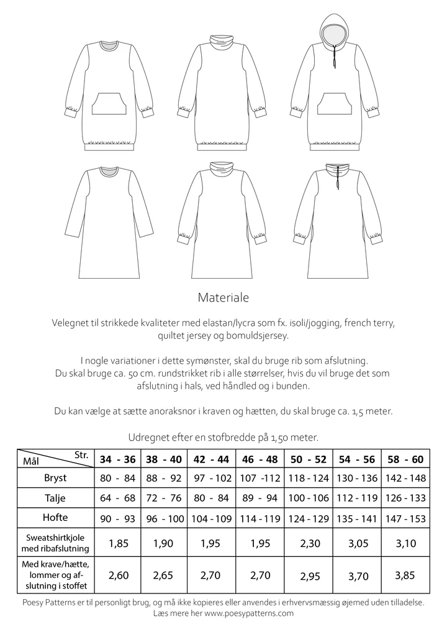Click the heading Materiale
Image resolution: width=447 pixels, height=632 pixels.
tap(223, 297)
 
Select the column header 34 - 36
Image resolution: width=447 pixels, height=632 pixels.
tap(118, 459)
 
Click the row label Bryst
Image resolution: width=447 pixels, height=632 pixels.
tap(55, 479)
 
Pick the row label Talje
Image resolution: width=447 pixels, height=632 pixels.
tap(55, 499)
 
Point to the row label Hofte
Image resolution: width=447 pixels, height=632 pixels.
tap(55, 518)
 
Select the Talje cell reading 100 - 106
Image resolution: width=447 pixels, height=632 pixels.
tap(309, 499)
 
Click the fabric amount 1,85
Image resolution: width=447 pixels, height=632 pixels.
tap(118, 544)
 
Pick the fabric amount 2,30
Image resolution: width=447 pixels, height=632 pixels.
tap(309, 544)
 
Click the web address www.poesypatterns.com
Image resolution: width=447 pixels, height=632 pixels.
tap(248, 613)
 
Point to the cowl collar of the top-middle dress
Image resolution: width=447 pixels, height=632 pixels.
tap(222, 42)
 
